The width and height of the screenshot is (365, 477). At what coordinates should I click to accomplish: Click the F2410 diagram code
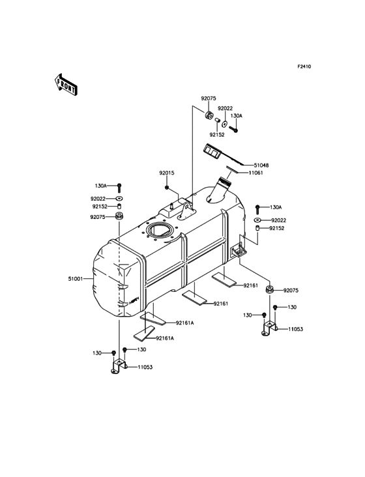click(x=304, y=66)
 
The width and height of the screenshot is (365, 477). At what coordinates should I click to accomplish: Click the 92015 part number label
click(x=167, y=173)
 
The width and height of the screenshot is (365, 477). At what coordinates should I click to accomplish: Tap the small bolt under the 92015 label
click(x=167, y=188)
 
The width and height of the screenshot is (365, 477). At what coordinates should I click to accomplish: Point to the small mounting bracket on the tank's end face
click(x=238, y=250)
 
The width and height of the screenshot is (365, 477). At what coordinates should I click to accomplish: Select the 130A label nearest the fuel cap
click(x=236, y=116)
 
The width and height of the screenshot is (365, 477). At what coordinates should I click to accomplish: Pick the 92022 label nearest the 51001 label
click(x=98, y=198)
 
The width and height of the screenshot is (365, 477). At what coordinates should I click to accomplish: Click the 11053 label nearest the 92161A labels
click(x=145, y=368)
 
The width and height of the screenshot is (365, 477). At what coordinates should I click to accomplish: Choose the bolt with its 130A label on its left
click(x=119, y=186)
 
